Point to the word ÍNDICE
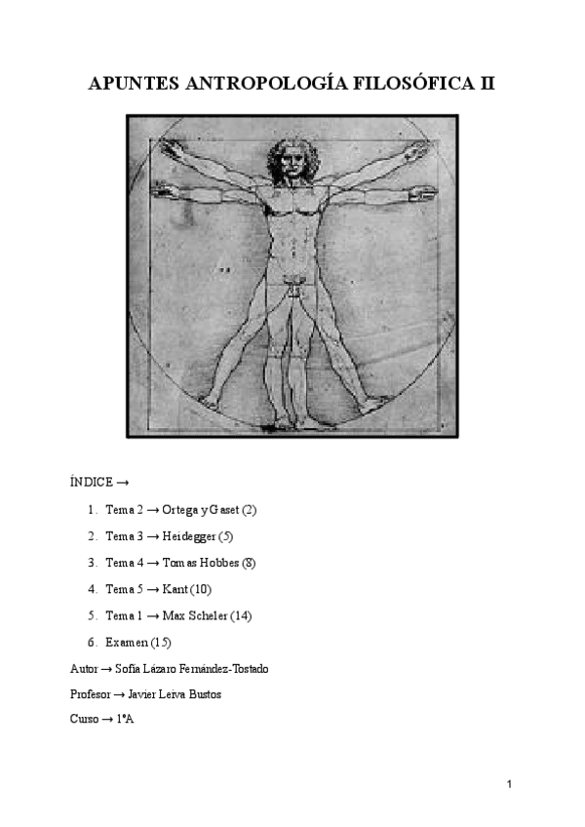pos(92,483)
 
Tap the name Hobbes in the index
pos(223,563)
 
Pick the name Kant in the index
pos(175,589)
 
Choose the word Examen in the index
pos(127,642)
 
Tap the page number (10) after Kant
pos(201,589)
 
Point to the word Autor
pos(84,669)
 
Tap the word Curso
pos(85,720)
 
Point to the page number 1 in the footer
pos(510,785)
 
